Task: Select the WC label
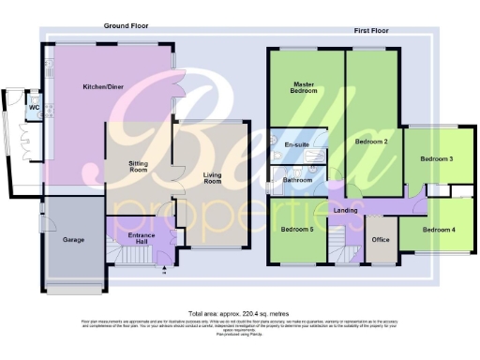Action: coord(34,107)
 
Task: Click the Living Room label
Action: coord(216,175)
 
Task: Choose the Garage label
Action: coord(73,240)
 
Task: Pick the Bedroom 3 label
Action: coord(436,159)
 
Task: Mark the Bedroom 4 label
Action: coord(438,229)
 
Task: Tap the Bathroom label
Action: coord(297,178)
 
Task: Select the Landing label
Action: coord(345,210)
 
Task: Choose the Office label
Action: coord(380,239)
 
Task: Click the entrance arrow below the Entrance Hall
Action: coord(165,271)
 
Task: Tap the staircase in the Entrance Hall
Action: coord(116,254)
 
